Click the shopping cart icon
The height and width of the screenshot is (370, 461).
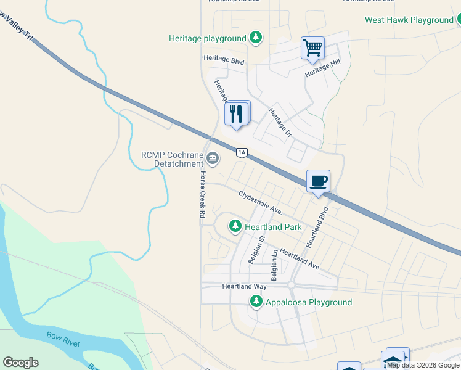point(313,47)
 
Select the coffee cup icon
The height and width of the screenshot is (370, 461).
point(318,181)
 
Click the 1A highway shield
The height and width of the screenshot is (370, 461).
point(242,152)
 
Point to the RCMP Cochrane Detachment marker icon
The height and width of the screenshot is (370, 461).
point(213,159)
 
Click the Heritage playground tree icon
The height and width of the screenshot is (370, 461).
point(256,38)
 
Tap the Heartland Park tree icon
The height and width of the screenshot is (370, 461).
point(235,226)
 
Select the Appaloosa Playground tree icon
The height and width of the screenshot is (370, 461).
point(256,302)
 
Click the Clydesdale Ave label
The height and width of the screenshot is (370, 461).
point(259,202)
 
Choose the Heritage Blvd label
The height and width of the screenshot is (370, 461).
point(224,62)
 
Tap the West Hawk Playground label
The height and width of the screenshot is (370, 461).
point(409,20)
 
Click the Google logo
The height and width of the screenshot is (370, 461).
point(20,363)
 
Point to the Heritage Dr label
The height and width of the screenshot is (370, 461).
point(279,122)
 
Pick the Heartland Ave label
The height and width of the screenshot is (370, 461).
point(299,259)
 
